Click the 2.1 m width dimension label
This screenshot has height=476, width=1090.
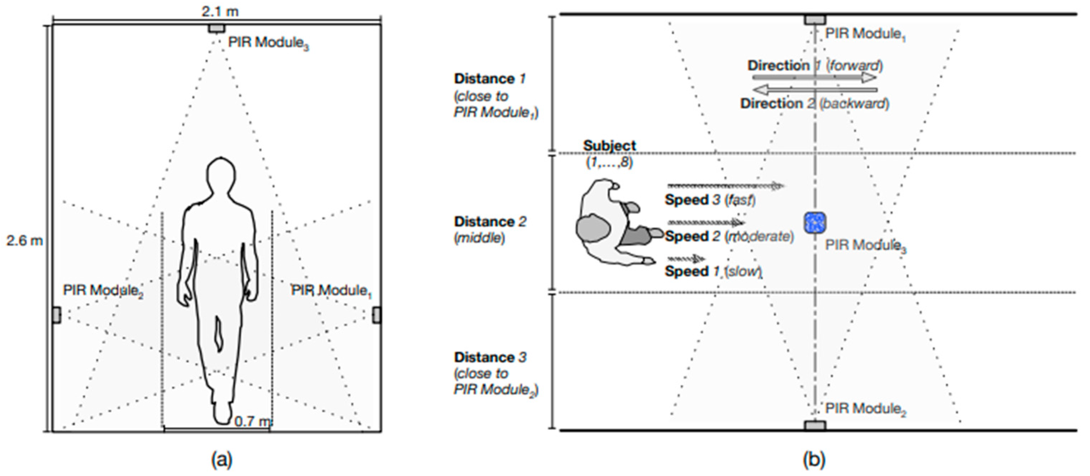[220, 11]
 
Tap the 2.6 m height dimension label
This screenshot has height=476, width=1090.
[25, 241]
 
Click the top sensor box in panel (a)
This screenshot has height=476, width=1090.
[217, 28]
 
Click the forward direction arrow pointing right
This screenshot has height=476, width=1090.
[814, 78]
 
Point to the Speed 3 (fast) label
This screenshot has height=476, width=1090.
[710, 200]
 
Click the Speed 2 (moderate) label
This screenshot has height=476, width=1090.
[729, 236]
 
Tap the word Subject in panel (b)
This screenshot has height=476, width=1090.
[609, 145]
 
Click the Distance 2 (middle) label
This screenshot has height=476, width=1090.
[490, 229]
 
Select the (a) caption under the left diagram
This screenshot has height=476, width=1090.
[222, 459]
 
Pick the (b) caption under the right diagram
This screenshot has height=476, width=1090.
[814, 459]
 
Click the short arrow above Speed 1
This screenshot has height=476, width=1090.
[686, 258]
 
